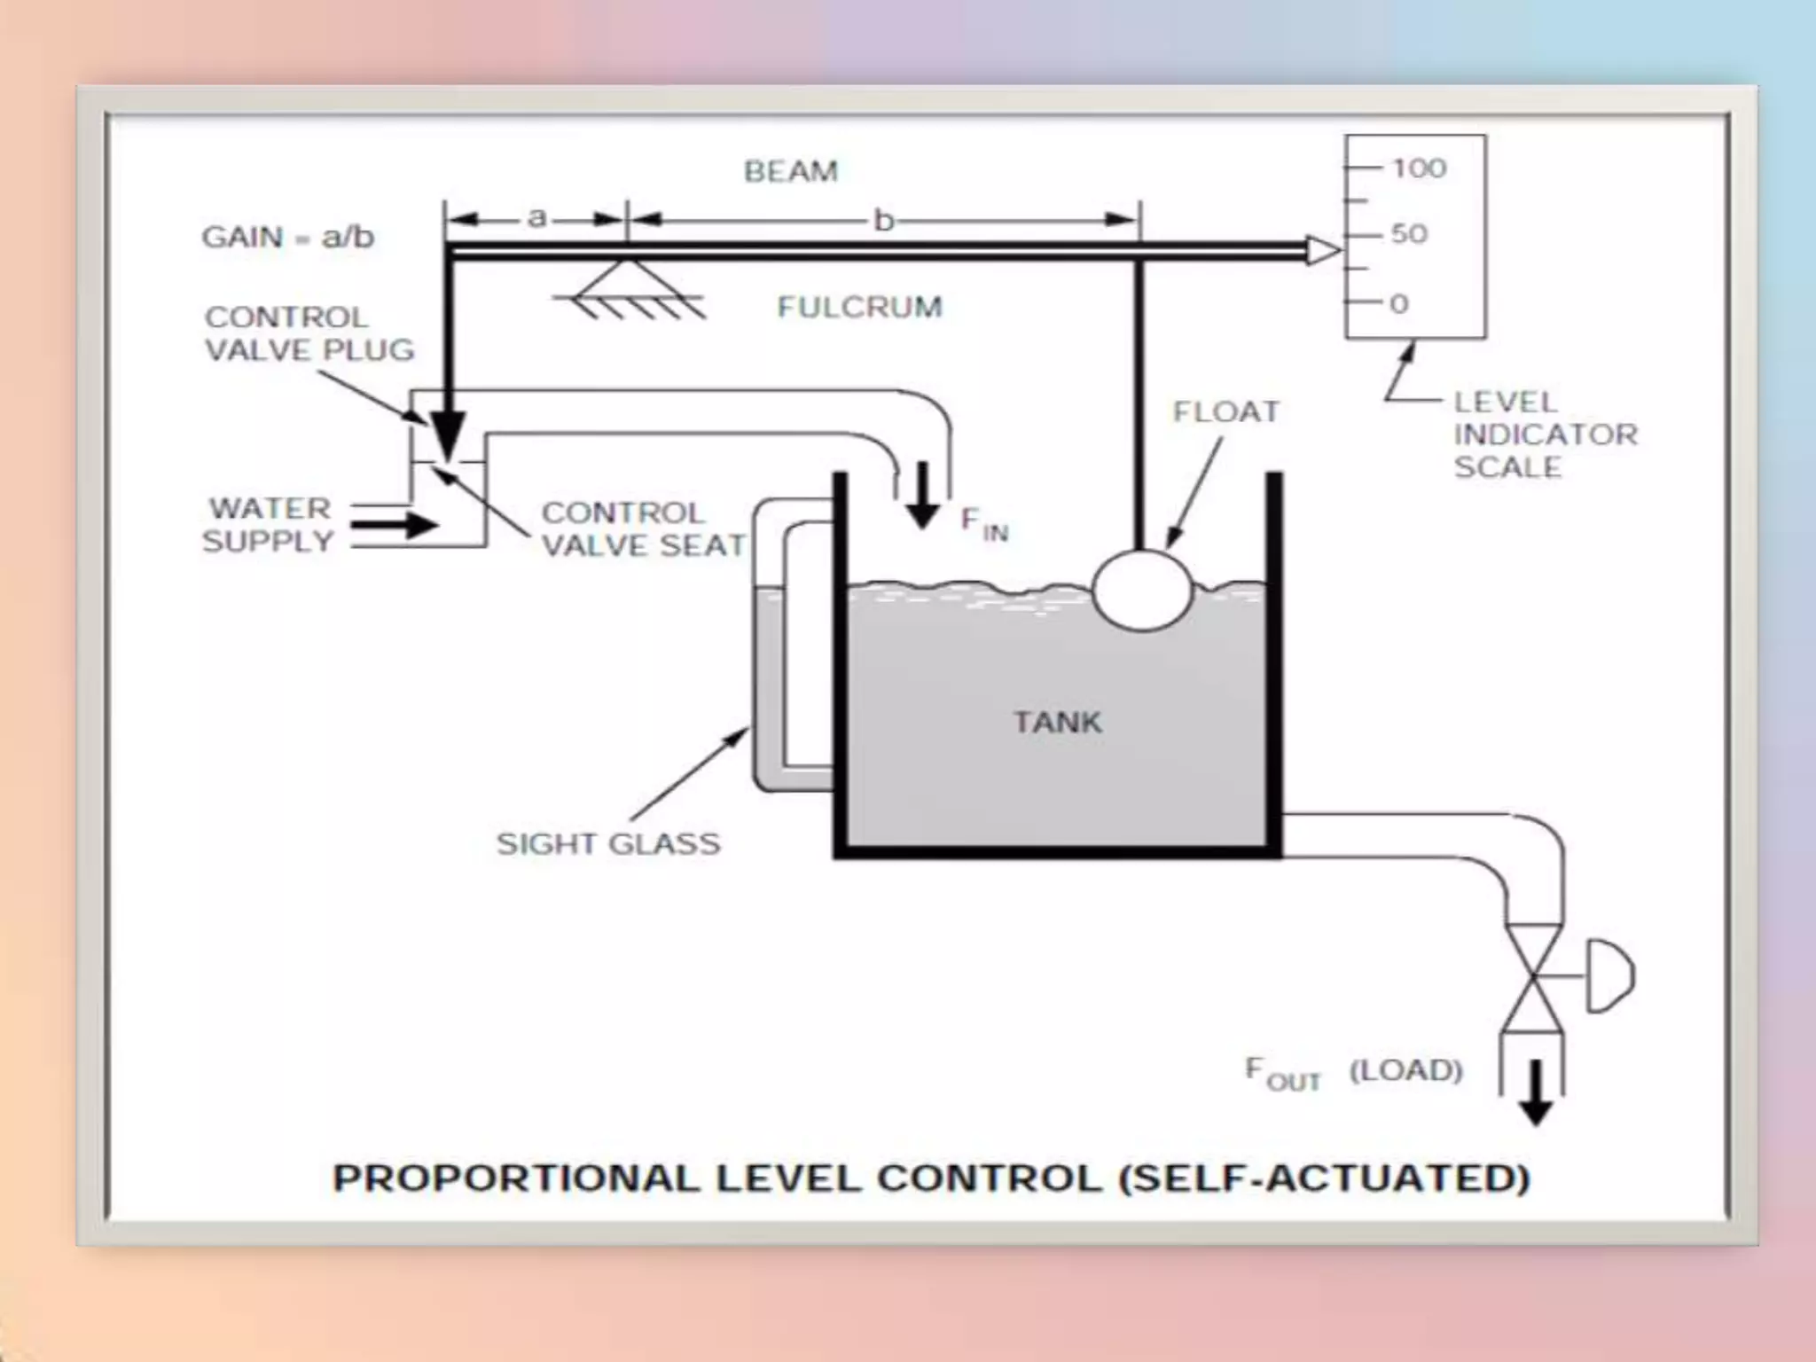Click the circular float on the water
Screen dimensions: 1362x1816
(x=1142, y=591)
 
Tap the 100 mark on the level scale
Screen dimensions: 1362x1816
(x=1419, y=168)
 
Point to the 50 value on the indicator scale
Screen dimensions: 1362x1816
(x=1409, y=234)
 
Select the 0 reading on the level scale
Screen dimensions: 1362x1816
(x=1399, y=304)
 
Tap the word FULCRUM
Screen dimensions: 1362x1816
(x=859, y=307)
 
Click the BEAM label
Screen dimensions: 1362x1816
(x=790, y=170)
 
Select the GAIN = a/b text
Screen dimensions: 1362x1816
(x=288, y=237)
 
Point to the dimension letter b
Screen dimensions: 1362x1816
(x=883, y=220)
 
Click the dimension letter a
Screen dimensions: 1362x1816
(x=536, y=217)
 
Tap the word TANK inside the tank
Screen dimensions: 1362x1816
(x=1057, y=722)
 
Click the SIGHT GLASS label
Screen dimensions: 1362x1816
(x=608, y=843)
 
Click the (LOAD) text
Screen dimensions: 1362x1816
(x=1405, y=1070)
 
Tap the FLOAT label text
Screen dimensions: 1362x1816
(x=1226, y=411)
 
